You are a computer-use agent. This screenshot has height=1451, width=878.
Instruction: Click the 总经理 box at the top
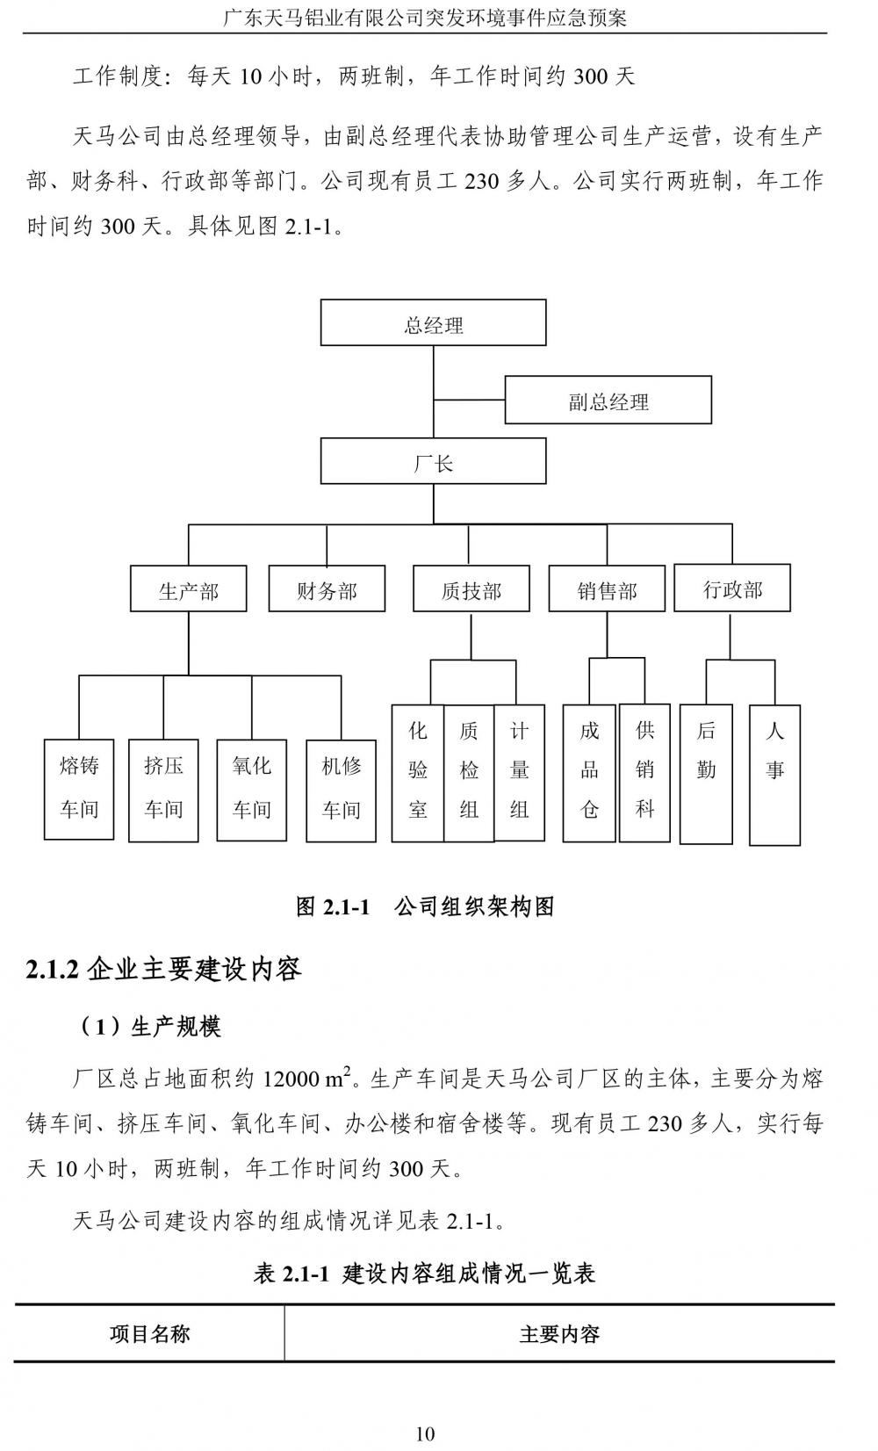[x=433, y=323]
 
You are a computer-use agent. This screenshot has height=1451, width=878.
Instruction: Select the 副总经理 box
[x=608, y=401]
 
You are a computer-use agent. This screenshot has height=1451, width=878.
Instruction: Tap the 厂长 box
[x=433, y=462]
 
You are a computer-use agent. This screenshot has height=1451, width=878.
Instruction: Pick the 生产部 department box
[x=188, y=588]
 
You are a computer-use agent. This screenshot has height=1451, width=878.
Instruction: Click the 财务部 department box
[x=327, y=588]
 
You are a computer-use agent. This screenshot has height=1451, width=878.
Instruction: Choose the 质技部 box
[x=471, y=588]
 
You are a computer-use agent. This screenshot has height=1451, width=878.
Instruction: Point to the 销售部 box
[x=607, y=588]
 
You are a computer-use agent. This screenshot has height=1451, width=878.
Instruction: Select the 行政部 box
[x=732, y=588]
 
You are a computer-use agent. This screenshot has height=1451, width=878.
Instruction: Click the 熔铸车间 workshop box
[x=79, y=789]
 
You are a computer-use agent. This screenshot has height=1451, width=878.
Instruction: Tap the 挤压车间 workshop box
[x=163, y=789]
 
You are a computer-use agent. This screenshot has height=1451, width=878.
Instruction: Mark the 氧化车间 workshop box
[x=252, y=789]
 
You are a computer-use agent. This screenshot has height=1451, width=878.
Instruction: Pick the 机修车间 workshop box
[x=341, y=789]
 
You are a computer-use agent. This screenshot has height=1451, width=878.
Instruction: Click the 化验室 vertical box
[x=418, y=772]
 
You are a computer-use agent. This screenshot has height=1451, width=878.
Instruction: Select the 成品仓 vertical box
[x=589, y=772]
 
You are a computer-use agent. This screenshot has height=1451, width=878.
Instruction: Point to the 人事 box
[x=774, y=774]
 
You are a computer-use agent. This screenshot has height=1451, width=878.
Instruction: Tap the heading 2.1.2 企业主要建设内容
[x=164, y=970]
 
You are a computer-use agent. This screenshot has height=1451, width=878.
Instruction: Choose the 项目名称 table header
[x=149, y=1334]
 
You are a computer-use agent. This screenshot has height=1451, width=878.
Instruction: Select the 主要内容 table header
[x=559, y=1334]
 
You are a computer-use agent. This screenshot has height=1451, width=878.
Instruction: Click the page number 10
[x=425, y=1433]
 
